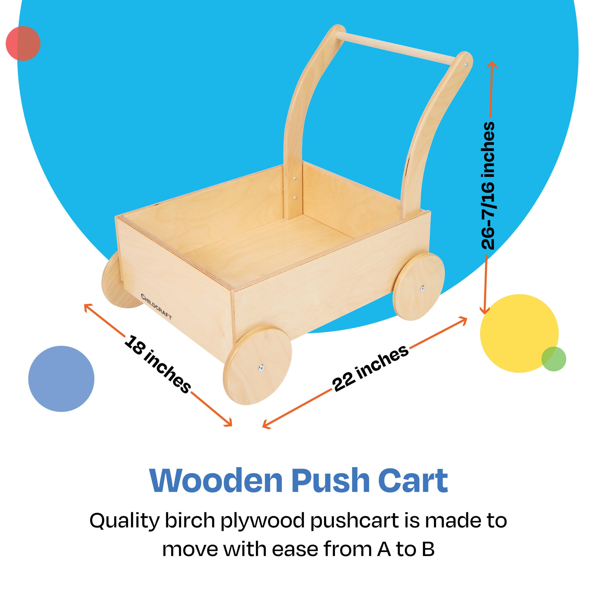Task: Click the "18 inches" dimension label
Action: [x=157, y=364]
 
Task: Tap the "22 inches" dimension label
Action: [x=370, y=368]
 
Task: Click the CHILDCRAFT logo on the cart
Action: [x=156, y=307]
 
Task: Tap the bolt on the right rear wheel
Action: [x=422, y=289]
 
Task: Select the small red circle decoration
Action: [x=23, y=43]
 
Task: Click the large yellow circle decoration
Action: [x=519, y=334]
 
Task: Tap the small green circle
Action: [x=554, y=359]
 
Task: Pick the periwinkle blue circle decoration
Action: [x=61, y=379]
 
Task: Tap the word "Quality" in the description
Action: [x=124, y=522]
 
